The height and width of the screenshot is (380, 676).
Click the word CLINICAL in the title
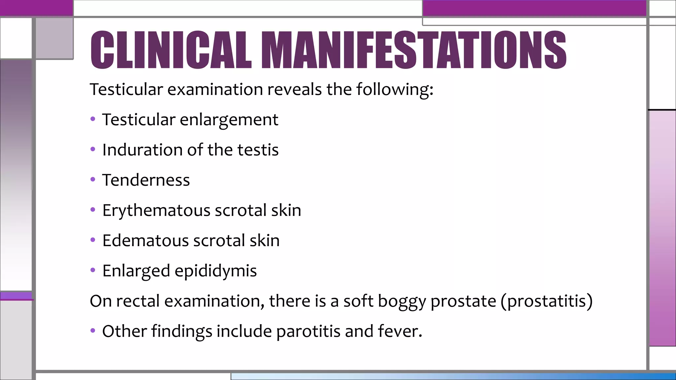coord(171,50)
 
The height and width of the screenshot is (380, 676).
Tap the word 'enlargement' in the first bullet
coord(229,120)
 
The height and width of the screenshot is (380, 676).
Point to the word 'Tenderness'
coord(146,180)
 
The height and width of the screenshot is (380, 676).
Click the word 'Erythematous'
coord(156,210)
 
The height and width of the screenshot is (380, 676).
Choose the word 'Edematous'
coord(145,240)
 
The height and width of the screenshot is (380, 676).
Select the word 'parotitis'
coord(308,331)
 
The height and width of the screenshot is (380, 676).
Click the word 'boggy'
coord(402,301)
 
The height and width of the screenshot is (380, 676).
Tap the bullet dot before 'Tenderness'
coord(93,180)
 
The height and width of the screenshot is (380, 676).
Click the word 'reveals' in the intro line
coord(294,89)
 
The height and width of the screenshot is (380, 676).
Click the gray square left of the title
coord(54,38)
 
